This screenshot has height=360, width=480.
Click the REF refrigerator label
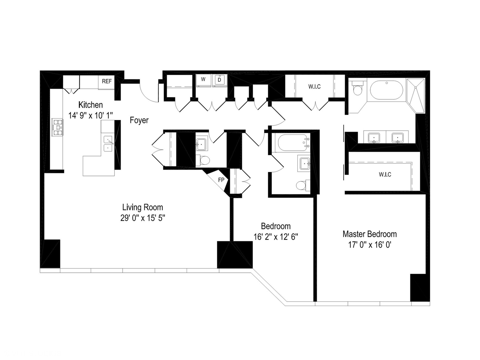coord(107,81)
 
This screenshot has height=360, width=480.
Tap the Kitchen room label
coord(90,105)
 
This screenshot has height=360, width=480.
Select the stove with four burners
coord(57,127)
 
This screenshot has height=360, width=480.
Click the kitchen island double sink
coord(108,144)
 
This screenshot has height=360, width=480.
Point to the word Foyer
coord(139,120)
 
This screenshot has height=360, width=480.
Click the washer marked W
coord(203,80)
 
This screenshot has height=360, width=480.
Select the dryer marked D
coord(219,80)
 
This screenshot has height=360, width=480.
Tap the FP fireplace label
coord(221,180)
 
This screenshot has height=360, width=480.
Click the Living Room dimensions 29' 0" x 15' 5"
coord(143,218)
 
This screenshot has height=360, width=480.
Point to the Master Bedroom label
coord(369,234)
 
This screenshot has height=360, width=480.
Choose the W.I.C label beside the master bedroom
coord(385,174)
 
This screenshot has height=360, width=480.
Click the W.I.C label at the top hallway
coord(314,87)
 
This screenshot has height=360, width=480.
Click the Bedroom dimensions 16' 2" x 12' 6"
coord(276,237)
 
